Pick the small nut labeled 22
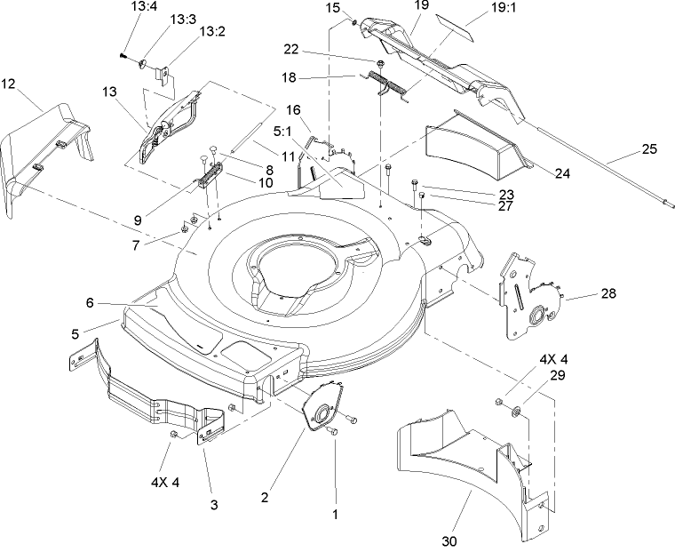click(x=379, y=64)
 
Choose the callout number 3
click(x=213, y=505)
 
